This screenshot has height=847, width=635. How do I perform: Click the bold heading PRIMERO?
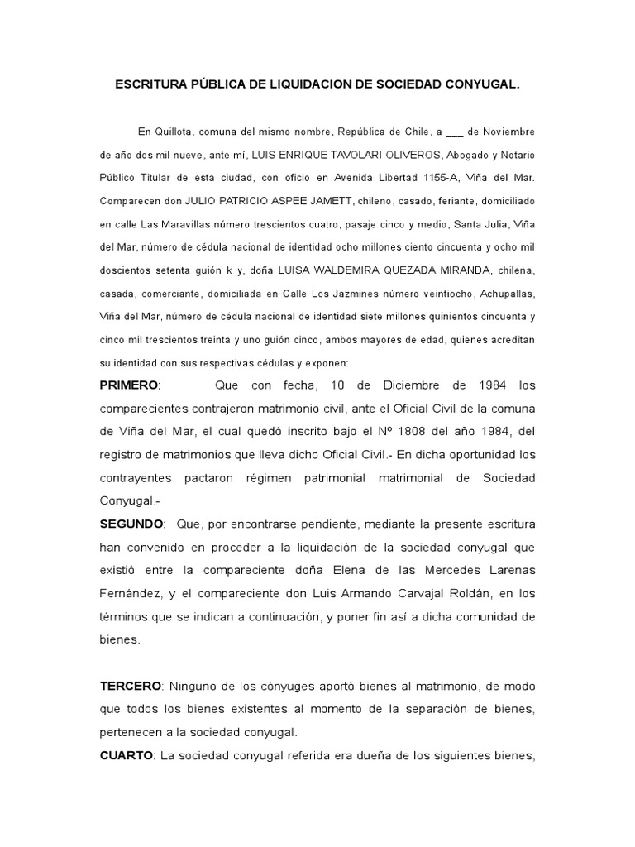(128, 385)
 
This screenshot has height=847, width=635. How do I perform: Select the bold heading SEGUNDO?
(131, 524)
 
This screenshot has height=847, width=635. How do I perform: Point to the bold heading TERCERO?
(131, 687)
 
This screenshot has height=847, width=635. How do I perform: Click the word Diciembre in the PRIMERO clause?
(412, 385)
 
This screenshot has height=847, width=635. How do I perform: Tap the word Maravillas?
(190, 224)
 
